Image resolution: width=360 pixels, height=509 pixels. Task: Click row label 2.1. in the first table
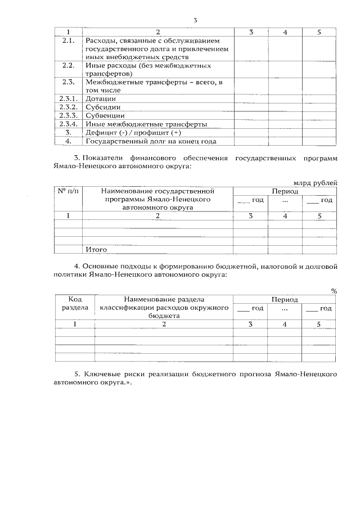click(68, 40)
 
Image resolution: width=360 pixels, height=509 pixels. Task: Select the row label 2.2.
click(68, 65)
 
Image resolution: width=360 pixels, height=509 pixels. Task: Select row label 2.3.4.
click(68, 124)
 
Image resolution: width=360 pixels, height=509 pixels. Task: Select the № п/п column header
click(68, 191)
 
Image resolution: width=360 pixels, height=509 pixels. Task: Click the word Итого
click(96, 249)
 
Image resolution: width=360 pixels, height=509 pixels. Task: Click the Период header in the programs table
click(285, 191)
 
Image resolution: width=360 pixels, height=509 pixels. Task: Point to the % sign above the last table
click(334, 291)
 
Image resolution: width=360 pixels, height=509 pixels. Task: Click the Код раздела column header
click(75, 304)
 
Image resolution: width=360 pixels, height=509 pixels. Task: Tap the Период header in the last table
click(285, 300)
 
